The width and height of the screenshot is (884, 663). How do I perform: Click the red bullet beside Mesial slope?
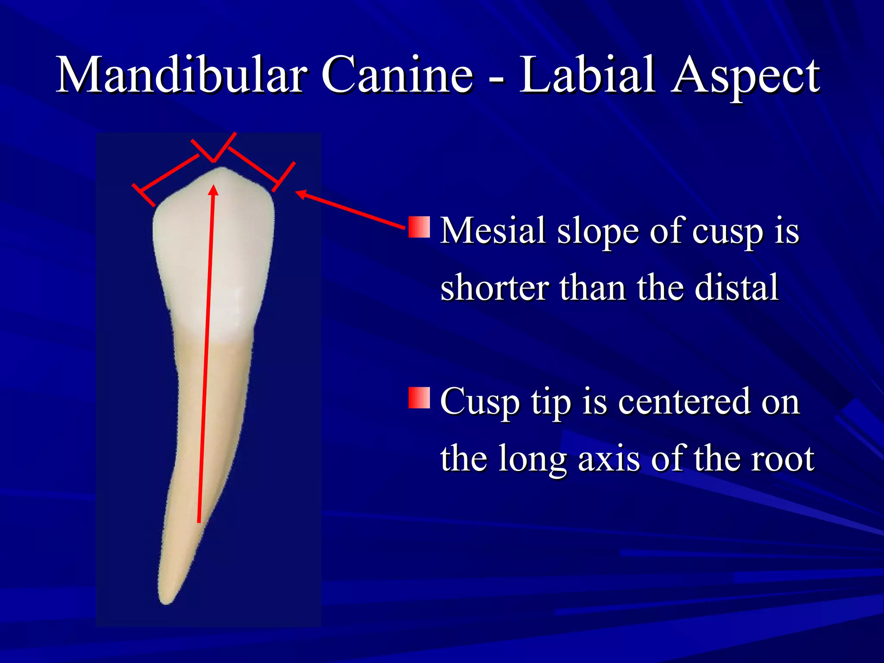click(x=419, y=227)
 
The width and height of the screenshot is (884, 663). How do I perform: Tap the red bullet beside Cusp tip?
click(x=419, y=398)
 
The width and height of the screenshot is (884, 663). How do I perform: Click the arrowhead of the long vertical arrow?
click(x=213, y=190)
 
